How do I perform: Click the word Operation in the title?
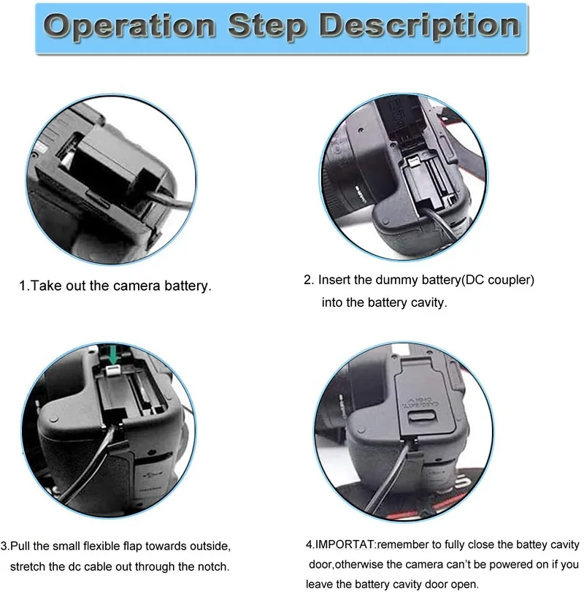[x=129, y=26]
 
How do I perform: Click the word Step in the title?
[x=267, y=26]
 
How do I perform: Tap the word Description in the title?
[x=420, y=26]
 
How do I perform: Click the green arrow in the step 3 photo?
[x=114, y=354]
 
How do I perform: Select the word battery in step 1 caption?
[x=188, y=286]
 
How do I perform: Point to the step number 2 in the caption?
[x=308, y=280]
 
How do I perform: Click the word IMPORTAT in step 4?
[x=345, y=545]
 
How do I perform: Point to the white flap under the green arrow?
[x=114, y=370]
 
